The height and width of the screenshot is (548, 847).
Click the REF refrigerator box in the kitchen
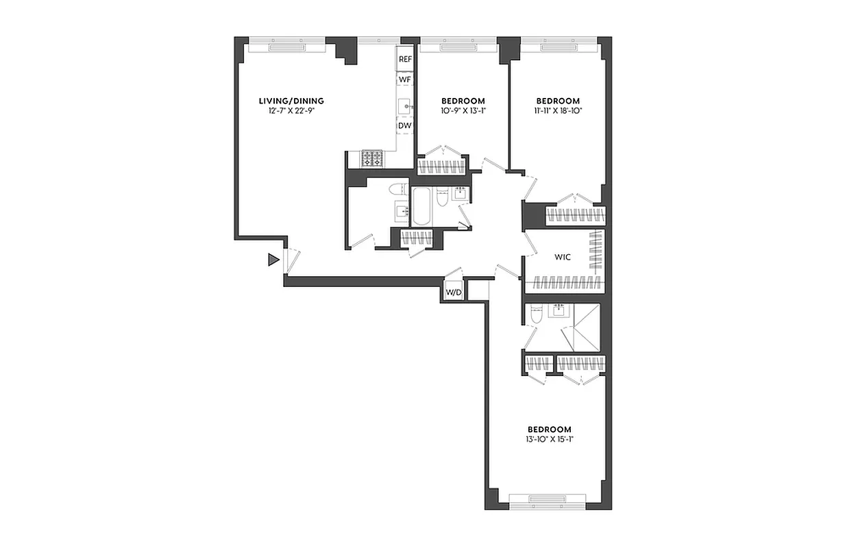pyautogui.click(x=405, y=60)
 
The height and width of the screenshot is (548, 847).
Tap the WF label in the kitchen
pyautogui.click(x=405, y=80)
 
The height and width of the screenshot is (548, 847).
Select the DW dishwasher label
pyautogui.click(x=405, y=126)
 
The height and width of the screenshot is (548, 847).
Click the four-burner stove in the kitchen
pyautogui.click(x=373, y=159)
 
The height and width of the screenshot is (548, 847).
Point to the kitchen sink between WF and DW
pyautogui.click(x=405, y=105)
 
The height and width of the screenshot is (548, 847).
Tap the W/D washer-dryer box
pyautogui.click(x=454, y=292)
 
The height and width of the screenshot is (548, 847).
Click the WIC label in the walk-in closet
pyautogui.click(x=563, y=258)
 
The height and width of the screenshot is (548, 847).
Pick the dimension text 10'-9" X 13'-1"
pyautogui.click(x=463, y=110)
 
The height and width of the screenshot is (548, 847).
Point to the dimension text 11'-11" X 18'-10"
pyautogui.click(x=558, y=110)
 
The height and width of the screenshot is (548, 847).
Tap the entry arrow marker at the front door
pyautogui.click(x=273, y=260)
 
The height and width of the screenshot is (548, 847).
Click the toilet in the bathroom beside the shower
pyautogui.click(x=535, y=315)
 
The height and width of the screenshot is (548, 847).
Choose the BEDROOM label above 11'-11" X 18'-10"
pyautogui.click(x=558, y=101)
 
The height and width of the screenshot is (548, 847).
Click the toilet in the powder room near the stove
pyautogui.click(x=397, y=189)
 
